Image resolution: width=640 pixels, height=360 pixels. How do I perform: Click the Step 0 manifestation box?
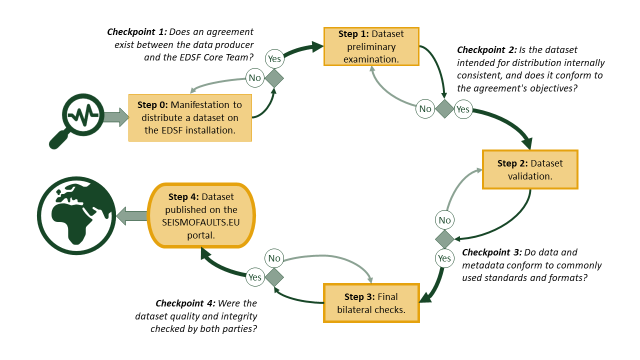tap(190, 117)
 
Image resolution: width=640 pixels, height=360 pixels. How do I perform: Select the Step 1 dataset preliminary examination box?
tap(371, 46)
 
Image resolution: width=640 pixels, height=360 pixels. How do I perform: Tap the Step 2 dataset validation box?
tap(530, 169)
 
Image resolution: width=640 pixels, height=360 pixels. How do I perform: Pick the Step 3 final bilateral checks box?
tap(371, 303)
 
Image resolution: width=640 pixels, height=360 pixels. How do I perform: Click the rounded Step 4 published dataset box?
tap(201, 215)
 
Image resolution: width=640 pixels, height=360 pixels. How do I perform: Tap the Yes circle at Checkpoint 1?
tap(274, 58)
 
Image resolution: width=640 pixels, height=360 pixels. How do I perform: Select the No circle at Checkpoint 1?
tap(254, 77)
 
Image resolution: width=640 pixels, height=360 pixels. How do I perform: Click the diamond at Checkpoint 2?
tap(444, 108)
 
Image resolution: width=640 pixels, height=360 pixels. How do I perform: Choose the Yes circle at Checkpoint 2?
tap(463, 108)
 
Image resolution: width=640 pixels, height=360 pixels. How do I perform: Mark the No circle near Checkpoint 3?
tap(444, 220)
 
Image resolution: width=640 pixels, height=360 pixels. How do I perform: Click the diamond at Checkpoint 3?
tap(444, 239)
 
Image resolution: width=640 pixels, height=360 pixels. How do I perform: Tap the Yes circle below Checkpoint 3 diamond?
tap(444, 258)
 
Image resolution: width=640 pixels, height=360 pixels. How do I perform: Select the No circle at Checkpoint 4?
tap(274, 258)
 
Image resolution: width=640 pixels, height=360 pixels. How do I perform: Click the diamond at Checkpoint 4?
tap(274, 277)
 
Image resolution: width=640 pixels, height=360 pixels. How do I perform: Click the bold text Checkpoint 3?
tap(491, 252)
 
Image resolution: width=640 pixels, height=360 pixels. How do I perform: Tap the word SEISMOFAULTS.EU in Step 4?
tap(201, 222)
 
